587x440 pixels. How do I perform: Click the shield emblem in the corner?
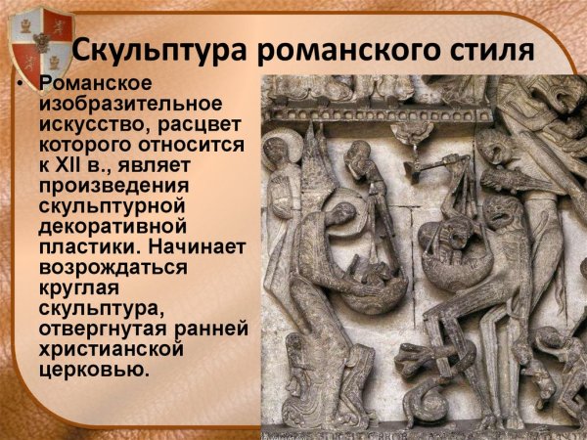pyautogui.click(x=29, y=39)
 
